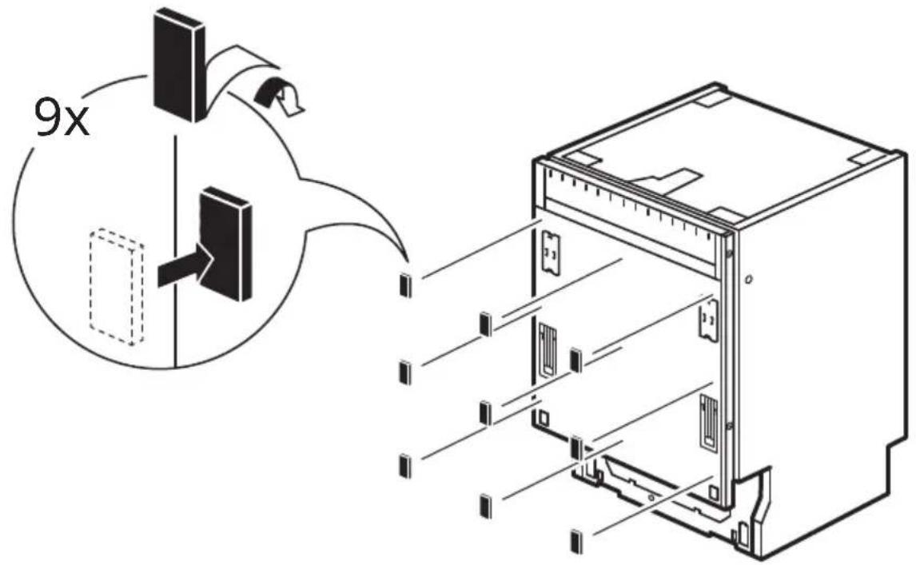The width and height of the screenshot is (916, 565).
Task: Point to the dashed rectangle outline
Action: (x=116, y=286)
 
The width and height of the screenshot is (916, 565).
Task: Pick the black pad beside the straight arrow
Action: (x=225, y=245)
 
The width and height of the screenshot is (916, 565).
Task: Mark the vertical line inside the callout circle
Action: (x=175, y=251)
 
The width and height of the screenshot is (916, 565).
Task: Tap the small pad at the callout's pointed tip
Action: (x=405, y=286)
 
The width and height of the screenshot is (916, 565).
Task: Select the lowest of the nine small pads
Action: (x=576, y=541)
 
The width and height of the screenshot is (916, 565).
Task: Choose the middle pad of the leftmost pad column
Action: (x=404, y=372)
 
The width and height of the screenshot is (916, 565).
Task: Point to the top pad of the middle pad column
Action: (x=485, y=325)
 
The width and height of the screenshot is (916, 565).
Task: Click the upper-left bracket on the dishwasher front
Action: (x=549, y=251)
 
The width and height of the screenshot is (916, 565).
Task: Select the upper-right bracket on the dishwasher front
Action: (x=708, y=318)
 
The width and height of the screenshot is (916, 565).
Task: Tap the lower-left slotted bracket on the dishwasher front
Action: (x=548, y=351)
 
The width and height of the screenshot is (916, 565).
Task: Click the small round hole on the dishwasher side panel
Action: (x=750, y=280)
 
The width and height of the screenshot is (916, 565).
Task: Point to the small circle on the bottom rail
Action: (x=651, y=498)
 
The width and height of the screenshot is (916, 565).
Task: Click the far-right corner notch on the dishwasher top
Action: (x=862, y=157)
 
